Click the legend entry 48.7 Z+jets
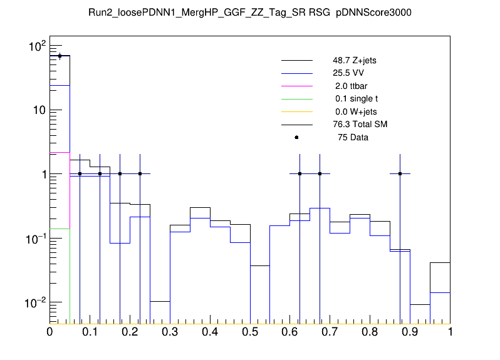355,61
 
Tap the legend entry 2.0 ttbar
350,86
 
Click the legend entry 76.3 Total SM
360,125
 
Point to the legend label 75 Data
352,137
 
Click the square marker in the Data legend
296,137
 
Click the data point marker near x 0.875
400,174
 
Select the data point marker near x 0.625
300,174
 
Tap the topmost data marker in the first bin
60,56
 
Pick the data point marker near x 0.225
140,174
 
